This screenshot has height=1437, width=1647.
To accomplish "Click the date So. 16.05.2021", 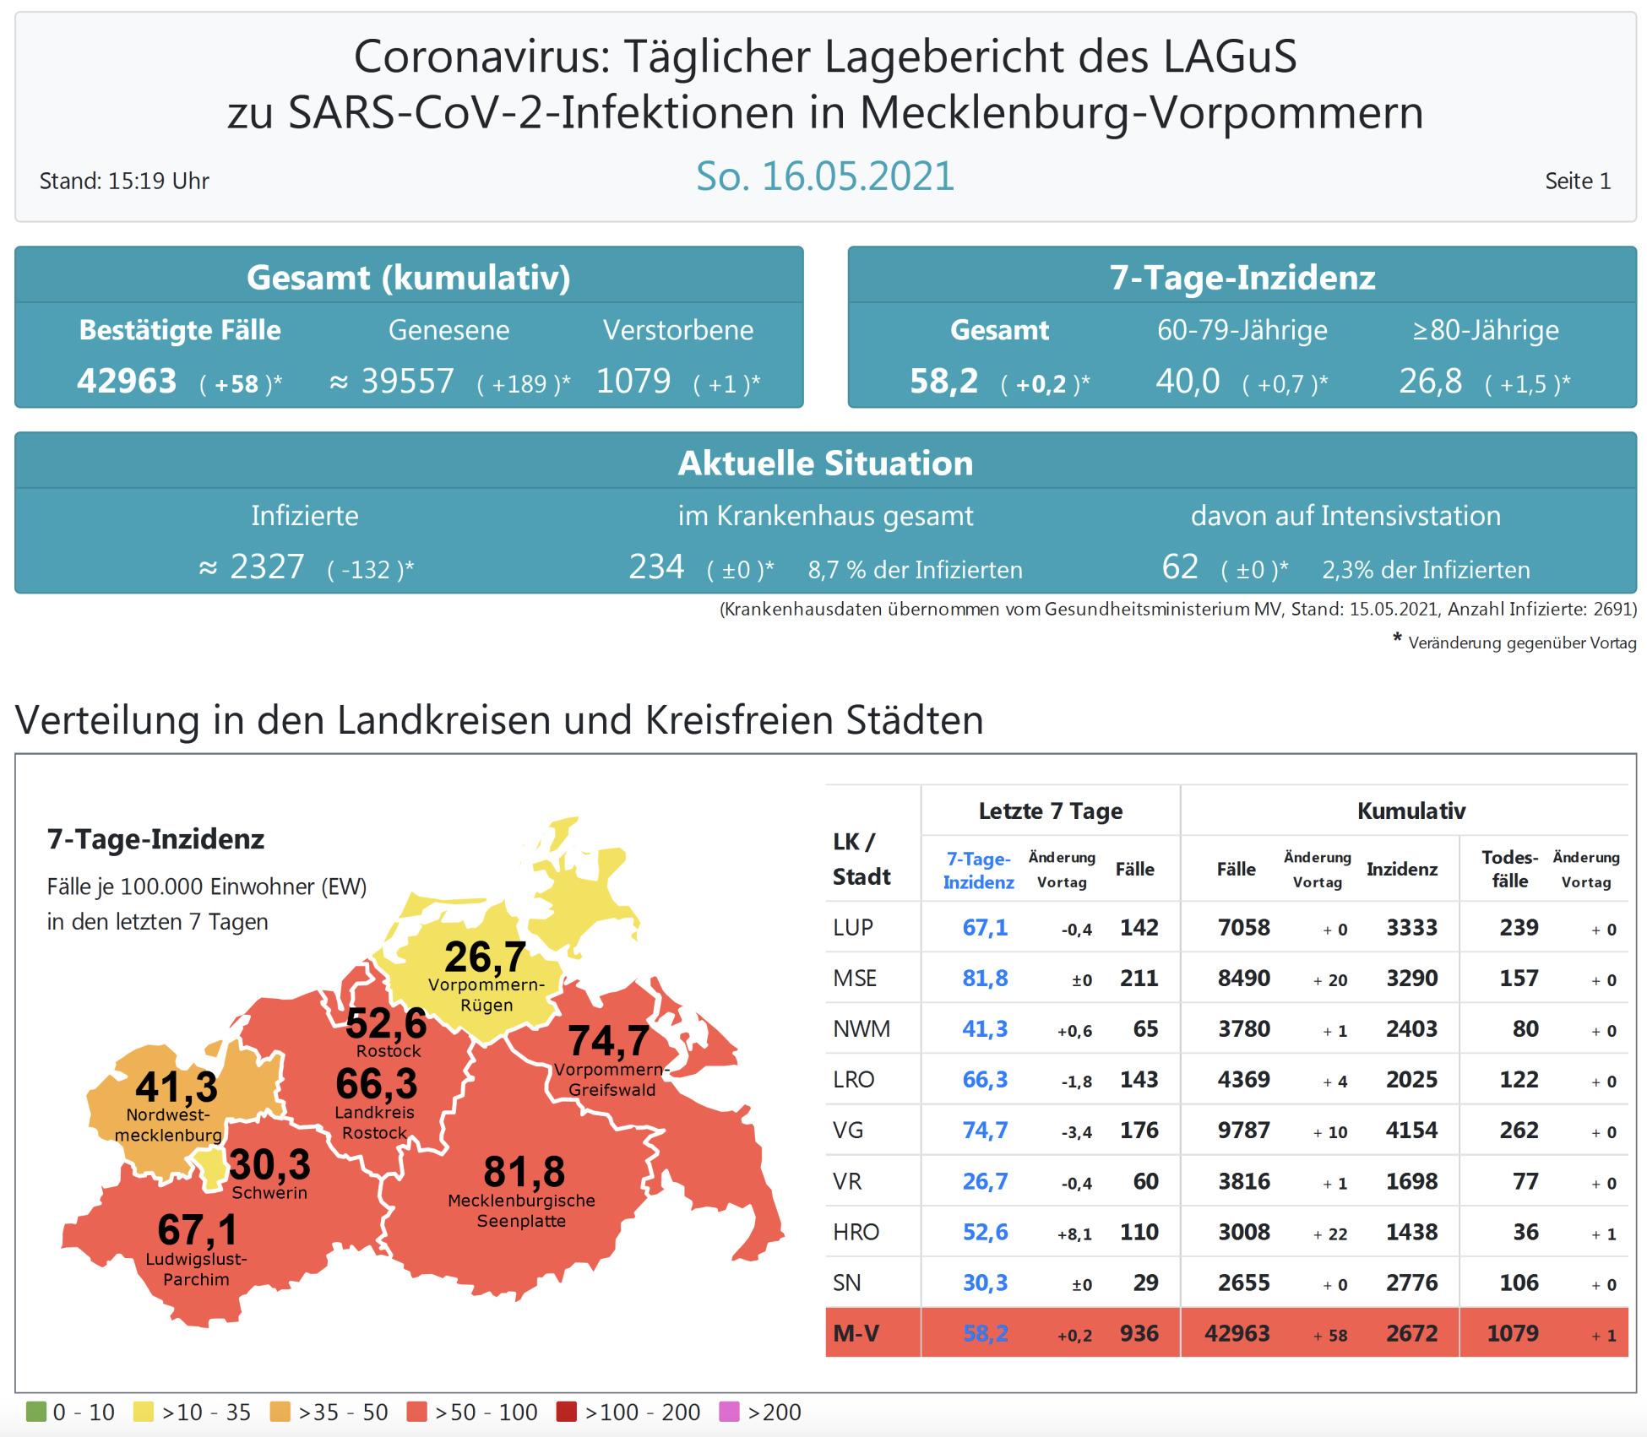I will [824, 176].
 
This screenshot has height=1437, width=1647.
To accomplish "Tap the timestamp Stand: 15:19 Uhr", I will [124, 181].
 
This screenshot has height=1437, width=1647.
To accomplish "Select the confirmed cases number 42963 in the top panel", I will [127, 382].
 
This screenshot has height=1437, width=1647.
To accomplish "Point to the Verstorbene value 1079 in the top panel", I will [633, 382].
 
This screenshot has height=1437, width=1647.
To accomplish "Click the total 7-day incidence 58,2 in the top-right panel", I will [943, 382].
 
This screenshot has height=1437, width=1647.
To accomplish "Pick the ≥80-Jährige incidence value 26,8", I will [1430, 382].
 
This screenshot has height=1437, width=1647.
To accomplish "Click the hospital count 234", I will [656, 567].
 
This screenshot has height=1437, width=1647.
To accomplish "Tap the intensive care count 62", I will [1180, 567].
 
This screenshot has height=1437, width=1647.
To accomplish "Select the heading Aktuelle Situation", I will [825, 464].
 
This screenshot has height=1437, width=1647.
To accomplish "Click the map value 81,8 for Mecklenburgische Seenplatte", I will [525, 1172].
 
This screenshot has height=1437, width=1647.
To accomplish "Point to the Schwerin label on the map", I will [269, 1193].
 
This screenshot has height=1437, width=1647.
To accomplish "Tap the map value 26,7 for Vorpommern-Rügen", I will [486, 957].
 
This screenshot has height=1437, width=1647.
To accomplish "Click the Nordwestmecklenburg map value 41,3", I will [177, 1087].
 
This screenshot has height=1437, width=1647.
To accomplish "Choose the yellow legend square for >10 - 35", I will [144, 1412].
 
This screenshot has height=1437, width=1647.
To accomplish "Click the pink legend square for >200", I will [729, 1412].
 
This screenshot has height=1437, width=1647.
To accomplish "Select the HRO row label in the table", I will [856, 1232].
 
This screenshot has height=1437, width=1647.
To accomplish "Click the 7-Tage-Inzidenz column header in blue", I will [978, 870].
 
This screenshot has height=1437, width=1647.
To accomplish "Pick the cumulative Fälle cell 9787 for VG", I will [1243, 1131].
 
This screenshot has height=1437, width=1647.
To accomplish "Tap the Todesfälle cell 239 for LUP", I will [1519, 928].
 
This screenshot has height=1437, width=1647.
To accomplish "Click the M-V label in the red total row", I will [856, 1333].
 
